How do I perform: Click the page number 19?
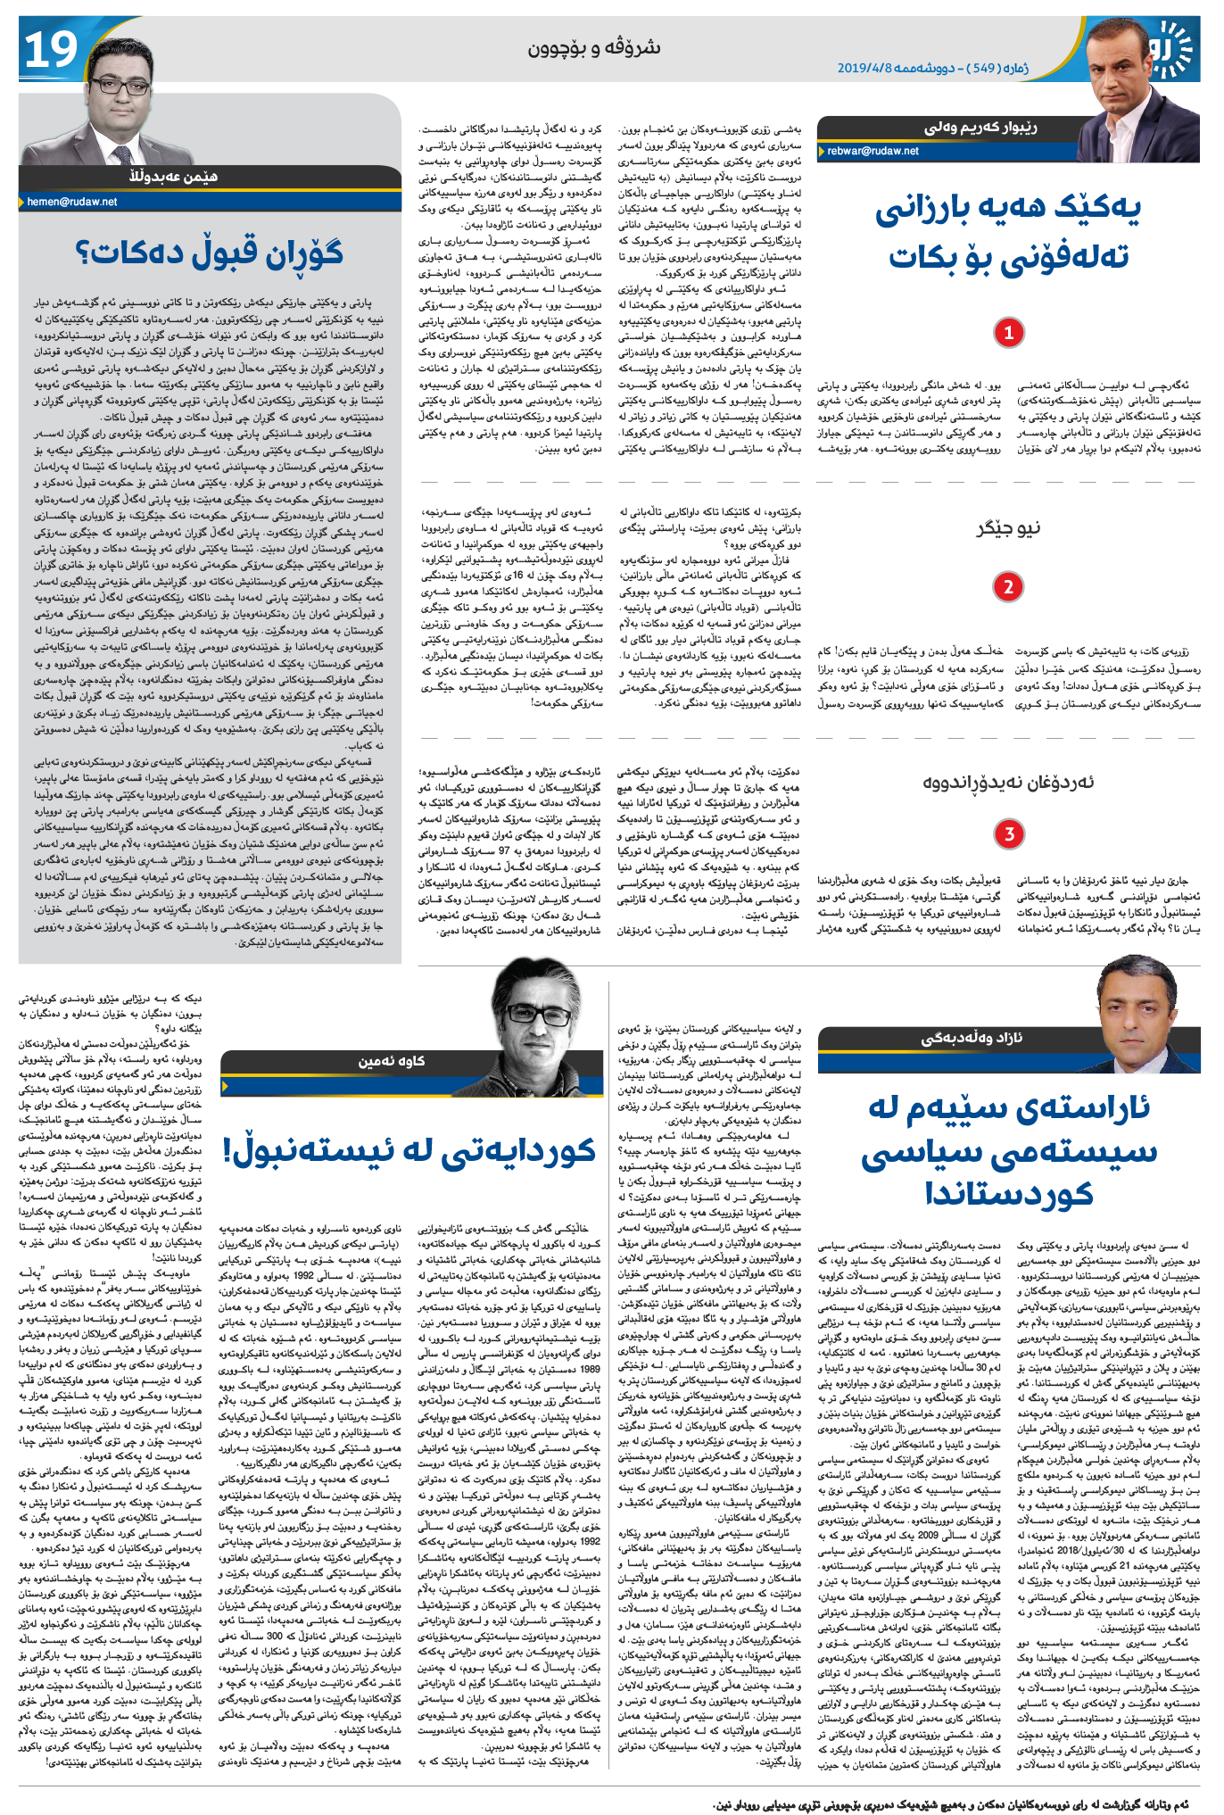click(50, 51)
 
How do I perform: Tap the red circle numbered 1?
click(1008, 333)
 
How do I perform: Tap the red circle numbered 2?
click(1008, 586)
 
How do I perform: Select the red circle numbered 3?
click(1008, 833)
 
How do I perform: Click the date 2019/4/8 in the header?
click(864, 68)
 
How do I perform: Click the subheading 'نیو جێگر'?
click(1008, 528)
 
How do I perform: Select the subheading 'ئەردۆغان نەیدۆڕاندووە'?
click(1008, 783)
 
